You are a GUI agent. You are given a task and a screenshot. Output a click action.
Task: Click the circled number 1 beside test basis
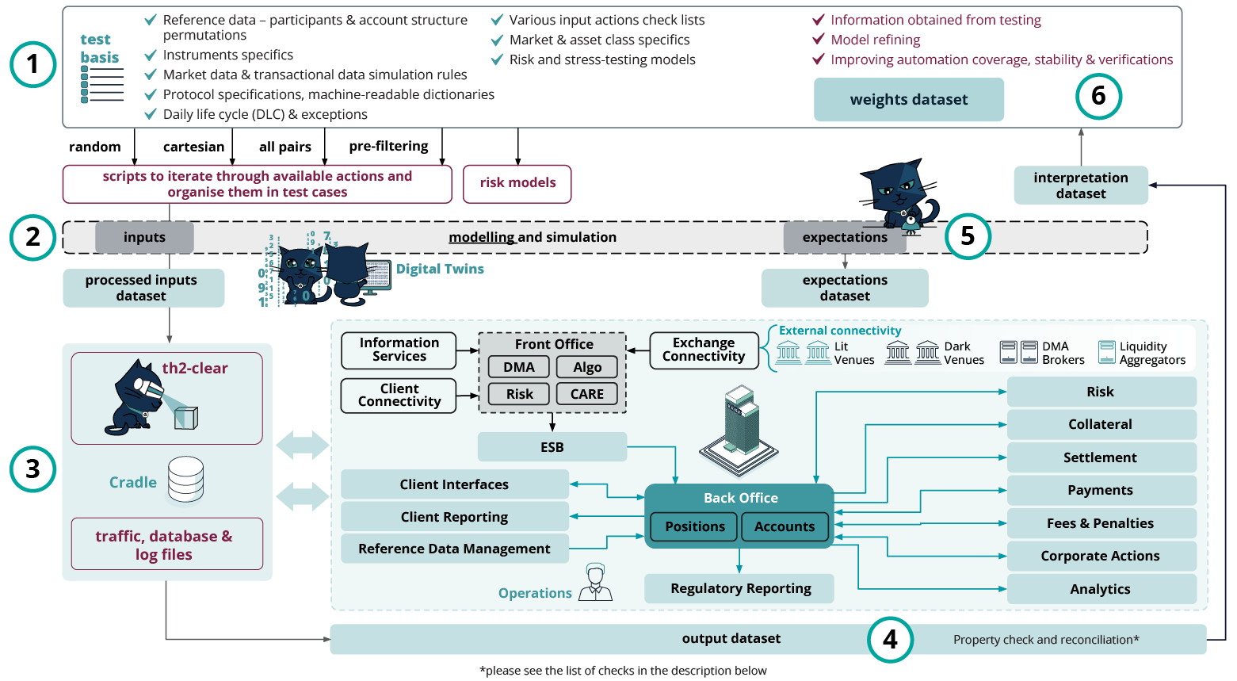pyautogui.click(x=32, y=64)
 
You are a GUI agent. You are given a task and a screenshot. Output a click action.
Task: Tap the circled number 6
pyautogui.click(x=1098, y=96)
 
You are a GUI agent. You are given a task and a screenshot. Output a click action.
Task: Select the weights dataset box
pyautogui.click(x=908, y=100)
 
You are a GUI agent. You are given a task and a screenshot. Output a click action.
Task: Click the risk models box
pyautogui.click(x=517, y=183)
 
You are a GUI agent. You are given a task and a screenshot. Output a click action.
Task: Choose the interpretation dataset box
pyautogui.click(x=1080, y=186)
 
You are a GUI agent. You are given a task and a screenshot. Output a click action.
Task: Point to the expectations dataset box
pyautogui.click(x=844, y=288)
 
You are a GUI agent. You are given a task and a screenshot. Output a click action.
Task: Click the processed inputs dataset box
pyautogui.click(x=143, y=288)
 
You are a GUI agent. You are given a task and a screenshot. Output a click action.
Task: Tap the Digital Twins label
pyautogui.click(x=440, y=269)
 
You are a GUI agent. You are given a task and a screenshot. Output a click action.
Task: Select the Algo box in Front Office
pyautogui.click(x=586, y=367)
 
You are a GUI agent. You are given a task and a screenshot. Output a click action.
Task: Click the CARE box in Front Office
pyautogui.click(x=586, y=394)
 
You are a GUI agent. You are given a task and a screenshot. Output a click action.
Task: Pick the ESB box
pyautogui.click(x=552, y=447)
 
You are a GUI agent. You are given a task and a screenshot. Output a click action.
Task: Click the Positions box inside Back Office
pyautogui.click(x=694, y=526)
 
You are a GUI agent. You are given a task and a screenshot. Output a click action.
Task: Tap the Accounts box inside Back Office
pyautogui.click(x=784, y=526)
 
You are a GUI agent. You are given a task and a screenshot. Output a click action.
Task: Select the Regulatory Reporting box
pyautogui.click(x=739, y=588)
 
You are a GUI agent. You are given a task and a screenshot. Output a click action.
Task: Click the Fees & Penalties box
pyautogui.click(x=1100, y=523)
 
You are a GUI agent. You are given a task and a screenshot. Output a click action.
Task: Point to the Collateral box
pyautogui.click(x=1100, y=424)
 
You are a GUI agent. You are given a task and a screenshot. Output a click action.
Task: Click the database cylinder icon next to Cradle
pyautogui.click(x=185, y=480)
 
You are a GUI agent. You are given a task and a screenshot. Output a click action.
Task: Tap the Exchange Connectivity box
pyautogui.click(x=703, y=350)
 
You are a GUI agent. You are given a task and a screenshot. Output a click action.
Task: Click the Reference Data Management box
pyautogui.click(x=454, y=549)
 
